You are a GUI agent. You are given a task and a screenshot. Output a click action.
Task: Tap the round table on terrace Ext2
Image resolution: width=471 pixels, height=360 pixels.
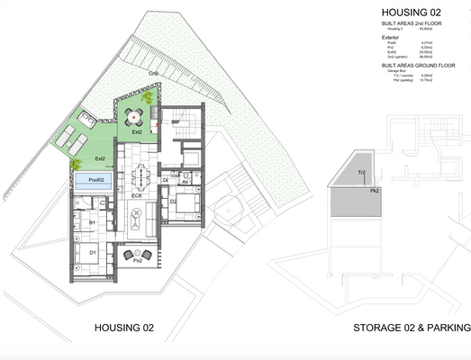134,115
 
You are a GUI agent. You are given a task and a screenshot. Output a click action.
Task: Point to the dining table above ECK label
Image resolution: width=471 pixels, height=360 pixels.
140,173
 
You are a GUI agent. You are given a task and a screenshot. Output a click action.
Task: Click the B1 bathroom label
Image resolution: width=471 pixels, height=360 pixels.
93,221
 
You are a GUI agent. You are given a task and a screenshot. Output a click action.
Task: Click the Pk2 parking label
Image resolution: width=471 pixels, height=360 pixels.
372,191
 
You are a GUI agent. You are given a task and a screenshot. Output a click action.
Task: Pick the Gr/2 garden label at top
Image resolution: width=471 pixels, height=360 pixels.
154,72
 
